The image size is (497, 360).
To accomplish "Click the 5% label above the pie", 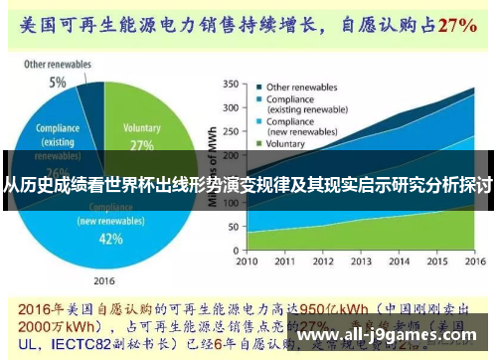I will [59, 82].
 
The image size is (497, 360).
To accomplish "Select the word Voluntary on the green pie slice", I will [142, 128].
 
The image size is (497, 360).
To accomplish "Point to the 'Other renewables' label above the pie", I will [58, 65].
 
